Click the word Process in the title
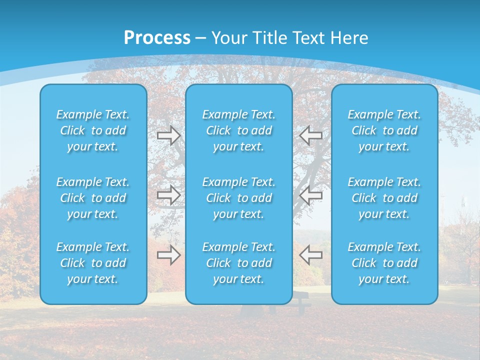[x=157, y=38]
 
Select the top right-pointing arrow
[x=169, y=135]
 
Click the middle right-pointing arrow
[x=169, y=195]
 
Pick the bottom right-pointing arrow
[x=169, y=255]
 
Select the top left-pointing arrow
[x=310, y=135]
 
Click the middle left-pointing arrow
[x=310, y=195]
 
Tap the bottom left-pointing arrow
[x=310, y=255]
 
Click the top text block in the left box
[x=93, y=130]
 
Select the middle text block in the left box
[x=93, y=198]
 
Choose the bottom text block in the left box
[x=93, y=263]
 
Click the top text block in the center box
[x=239, y=130]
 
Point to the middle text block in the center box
[x=239, y=198]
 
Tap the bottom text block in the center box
[x=239, y=263]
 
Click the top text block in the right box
[x=384, y=130]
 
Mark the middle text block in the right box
[x=384, y=198]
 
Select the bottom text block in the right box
[x=384, y=263]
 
